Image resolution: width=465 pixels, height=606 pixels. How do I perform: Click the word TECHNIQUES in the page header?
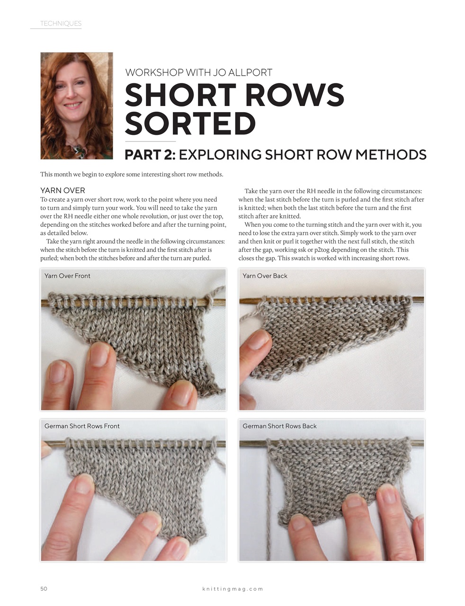pos(61,23)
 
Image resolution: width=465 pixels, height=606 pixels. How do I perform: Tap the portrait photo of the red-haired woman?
pos(77,106)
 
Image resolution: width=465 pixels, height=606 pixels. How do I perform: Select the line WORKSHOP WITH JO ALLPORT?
pos(198,72)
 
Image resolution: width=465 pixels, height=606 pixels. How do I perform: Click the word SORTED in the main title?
pos(190,124)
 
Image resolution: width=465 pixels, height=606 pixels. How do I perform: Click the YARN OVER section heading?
pos(63,190)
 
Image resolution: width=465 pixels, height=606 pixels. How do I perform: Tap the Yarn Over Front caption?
pos(67,276)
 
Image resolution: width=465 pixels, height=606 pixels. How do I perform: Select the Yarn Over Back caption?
pos(265,276)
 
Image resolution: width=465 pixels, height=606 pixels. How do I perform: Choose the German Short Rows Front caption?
pos(82,426)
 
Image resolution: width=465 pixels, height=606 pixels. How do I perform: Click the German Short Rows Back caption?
pos(279,426)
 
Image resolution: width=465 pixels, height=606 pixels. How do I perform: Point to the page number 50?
pos(44,589)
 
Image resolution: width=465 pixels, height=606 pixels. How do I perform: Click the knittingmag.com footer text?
pos(232,589)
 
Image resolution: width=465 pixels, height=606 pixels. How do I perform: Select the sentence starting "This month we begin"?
pos(132,174)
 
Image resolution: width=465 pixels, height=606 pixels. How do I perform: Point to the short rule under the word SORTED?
pos(150,141)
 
